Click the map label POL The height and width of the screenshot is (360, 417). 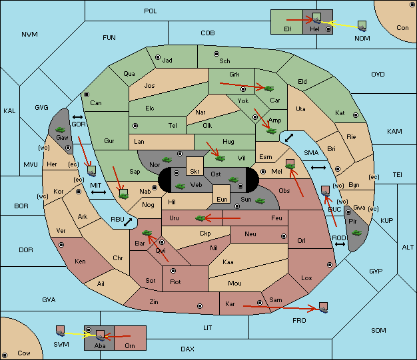[151, 11]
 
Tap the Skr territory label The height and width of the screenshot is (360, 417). [195, 172]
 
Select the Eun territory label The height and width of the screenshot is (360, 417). [222, 199]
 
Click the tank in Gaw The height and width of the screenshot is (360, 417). [61, 130]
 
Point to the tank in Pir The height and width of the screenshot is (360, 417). [356, 233]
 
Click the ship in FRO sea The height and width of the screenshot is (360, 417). [323, 307]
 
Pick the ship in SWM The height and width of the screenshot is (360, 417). [61, 331]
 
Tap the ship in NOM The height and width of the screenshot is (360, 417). [362, 27]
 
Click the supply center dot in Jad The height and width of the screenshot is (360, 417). [158, 57]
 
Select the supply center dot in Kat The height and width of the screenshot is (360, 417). [356, 115]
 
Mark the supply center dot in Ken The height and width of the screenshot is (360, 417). [61, 245]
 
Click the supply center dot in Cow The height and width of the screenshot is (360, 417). [5, 355]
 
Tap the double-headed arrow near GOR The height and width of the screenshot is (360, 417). [77, 117]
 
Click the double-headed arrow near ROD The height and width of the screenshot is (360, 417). [340, 244]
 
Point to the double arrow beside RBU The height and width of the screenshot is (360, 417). [128, 222]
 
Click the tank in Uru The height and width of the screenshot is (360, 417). [201, 218]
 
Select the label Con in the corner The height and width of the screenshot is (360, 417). [402, 28]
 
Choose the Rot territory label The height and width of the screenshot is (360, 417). [175, 282]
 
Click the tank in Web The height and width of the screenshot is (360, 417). [181, 186]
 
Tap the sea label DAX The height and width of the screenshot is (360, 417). [187, 349]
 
